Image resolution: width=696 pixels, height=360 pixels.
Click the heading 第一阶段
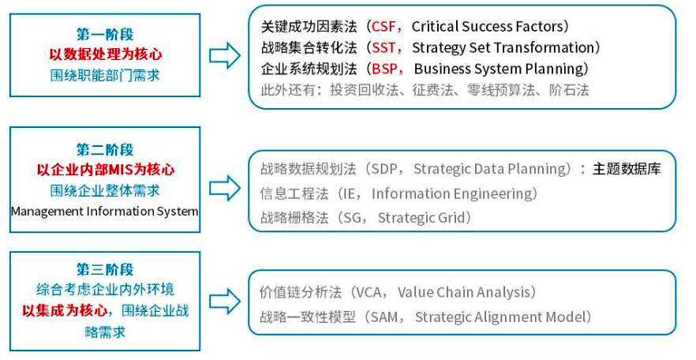(105, 35)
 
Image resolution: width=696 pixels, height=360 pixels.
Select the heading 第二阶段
(105, 149)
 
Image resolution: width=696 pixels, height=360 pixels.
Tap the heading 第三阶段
(105, 269)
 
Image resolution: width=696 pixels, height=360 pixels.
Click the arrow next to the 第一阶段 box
(225, 55)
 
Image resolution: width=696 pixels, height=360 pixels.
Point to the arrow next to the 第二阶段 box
(225, 187)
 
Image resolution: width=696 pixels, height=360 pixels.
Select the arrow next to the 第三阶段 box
(225, 300)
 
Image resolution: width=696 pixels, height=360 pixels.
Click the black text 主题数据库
(627, 168)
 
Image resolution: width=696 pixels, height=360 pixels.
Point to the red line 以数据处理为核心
(105, 55)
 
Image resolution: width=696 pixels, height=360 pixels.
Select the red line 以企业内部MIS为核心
(105, 170)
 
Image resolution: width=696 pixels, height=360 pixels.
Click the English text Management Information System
(105, 212)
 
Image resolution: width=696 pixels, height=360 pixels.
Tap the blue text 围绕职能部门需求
(105, 76)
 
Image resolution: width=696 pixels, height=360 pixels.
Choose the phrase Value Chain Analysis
(466, 292)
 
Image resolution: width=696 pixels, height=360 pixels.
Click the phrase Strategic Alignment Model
(503, 317)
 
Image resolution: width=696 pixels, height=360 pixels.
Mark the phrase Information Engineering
(454, 193)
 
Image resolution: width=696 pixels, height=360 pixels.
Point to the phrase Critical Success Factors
(490, 27)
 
